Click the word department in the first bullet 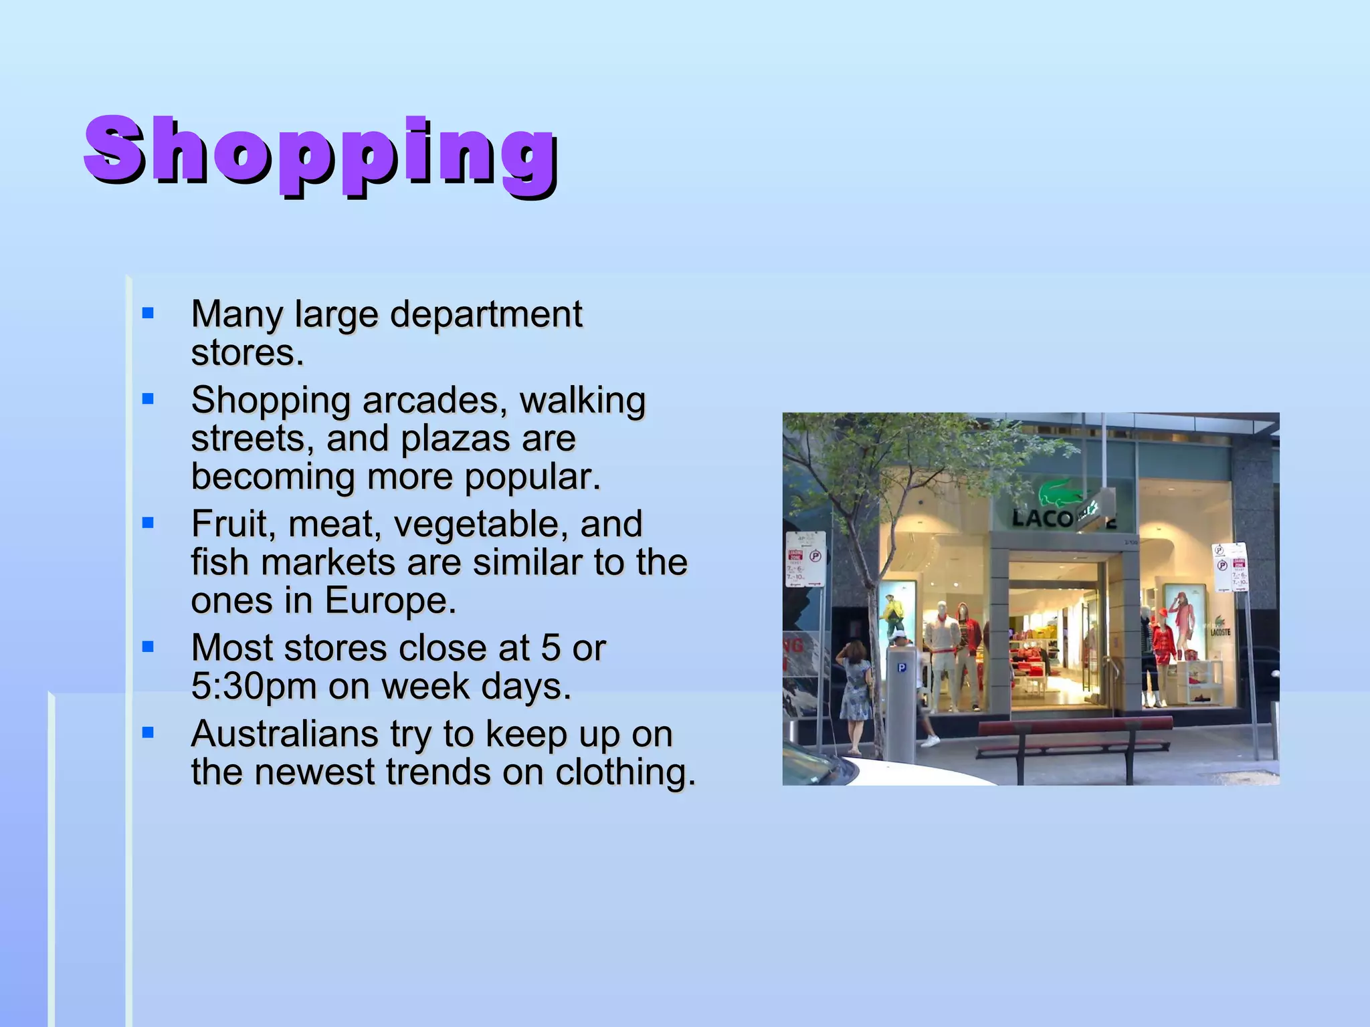(x=486, y=314)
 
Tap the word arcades (x=429, y=400)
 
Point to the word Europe (x=391, y=600)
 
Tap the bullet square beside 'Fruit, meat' (x=149, y=522)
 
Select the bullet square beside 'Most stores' (x=149, y=647)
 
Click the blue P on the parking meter (x=902, y=667)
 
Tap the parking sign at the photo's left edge (x=805, y=560)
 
